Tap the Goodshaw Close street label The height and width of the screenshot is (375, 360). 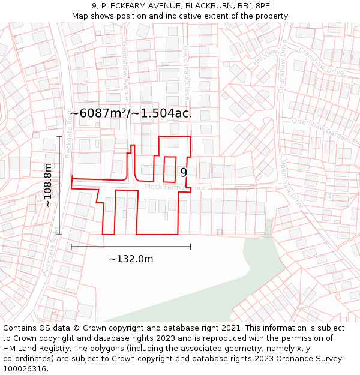(x=187, y=73)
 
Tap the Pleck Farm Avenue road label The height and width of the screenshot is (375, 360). (x=175, y=188)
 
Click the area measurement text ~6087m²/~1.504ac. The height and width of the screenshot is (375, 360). (x=131, y=113)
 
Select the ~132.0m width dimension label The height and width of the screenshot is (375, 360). (x=131, y=259)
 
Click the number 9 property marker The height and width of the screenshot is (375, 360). (x=184, y=173)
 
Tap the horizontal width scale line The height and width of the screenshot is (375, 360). (x=131, y=246)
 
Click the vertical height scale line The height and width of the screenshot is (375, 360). (x=59, y=185)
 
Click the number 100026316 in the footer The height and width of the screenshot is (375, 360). (x=25, y=368)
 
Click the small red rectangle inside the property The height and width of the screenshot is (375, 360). (x=170, y=169)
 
